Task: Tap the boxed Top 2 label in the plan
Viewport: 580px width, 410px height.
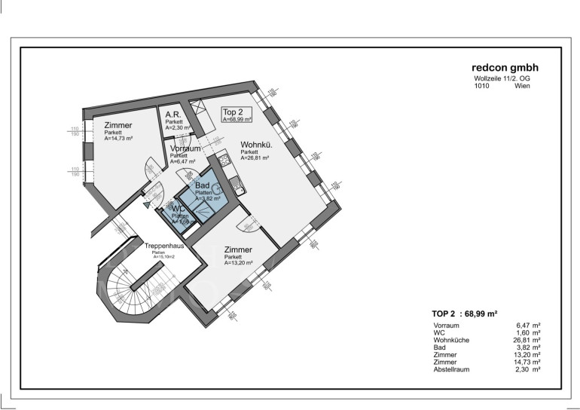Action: pos(237,115)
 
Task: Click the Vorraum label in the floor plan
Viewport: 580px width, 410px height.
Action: pos(185,149)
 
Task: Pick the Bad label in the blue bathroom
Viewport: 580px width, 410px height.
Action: pos(203,185)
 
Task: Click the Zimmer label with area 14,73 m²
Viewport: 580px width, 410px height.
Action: pos(118,125)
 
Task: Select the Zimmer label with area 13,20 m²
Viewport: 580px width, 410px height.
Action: pos(238,249)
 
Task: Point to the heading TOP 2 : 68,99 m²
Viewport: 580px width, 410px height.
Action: pos(463,312)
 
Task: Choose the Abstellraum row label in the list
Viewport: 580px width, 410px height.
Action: pos(456,369)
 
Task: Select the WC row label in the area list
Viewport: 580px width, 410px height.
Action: pos(439,332)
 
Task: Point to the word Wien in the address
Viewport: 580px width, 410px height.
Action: pos(522,86)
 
